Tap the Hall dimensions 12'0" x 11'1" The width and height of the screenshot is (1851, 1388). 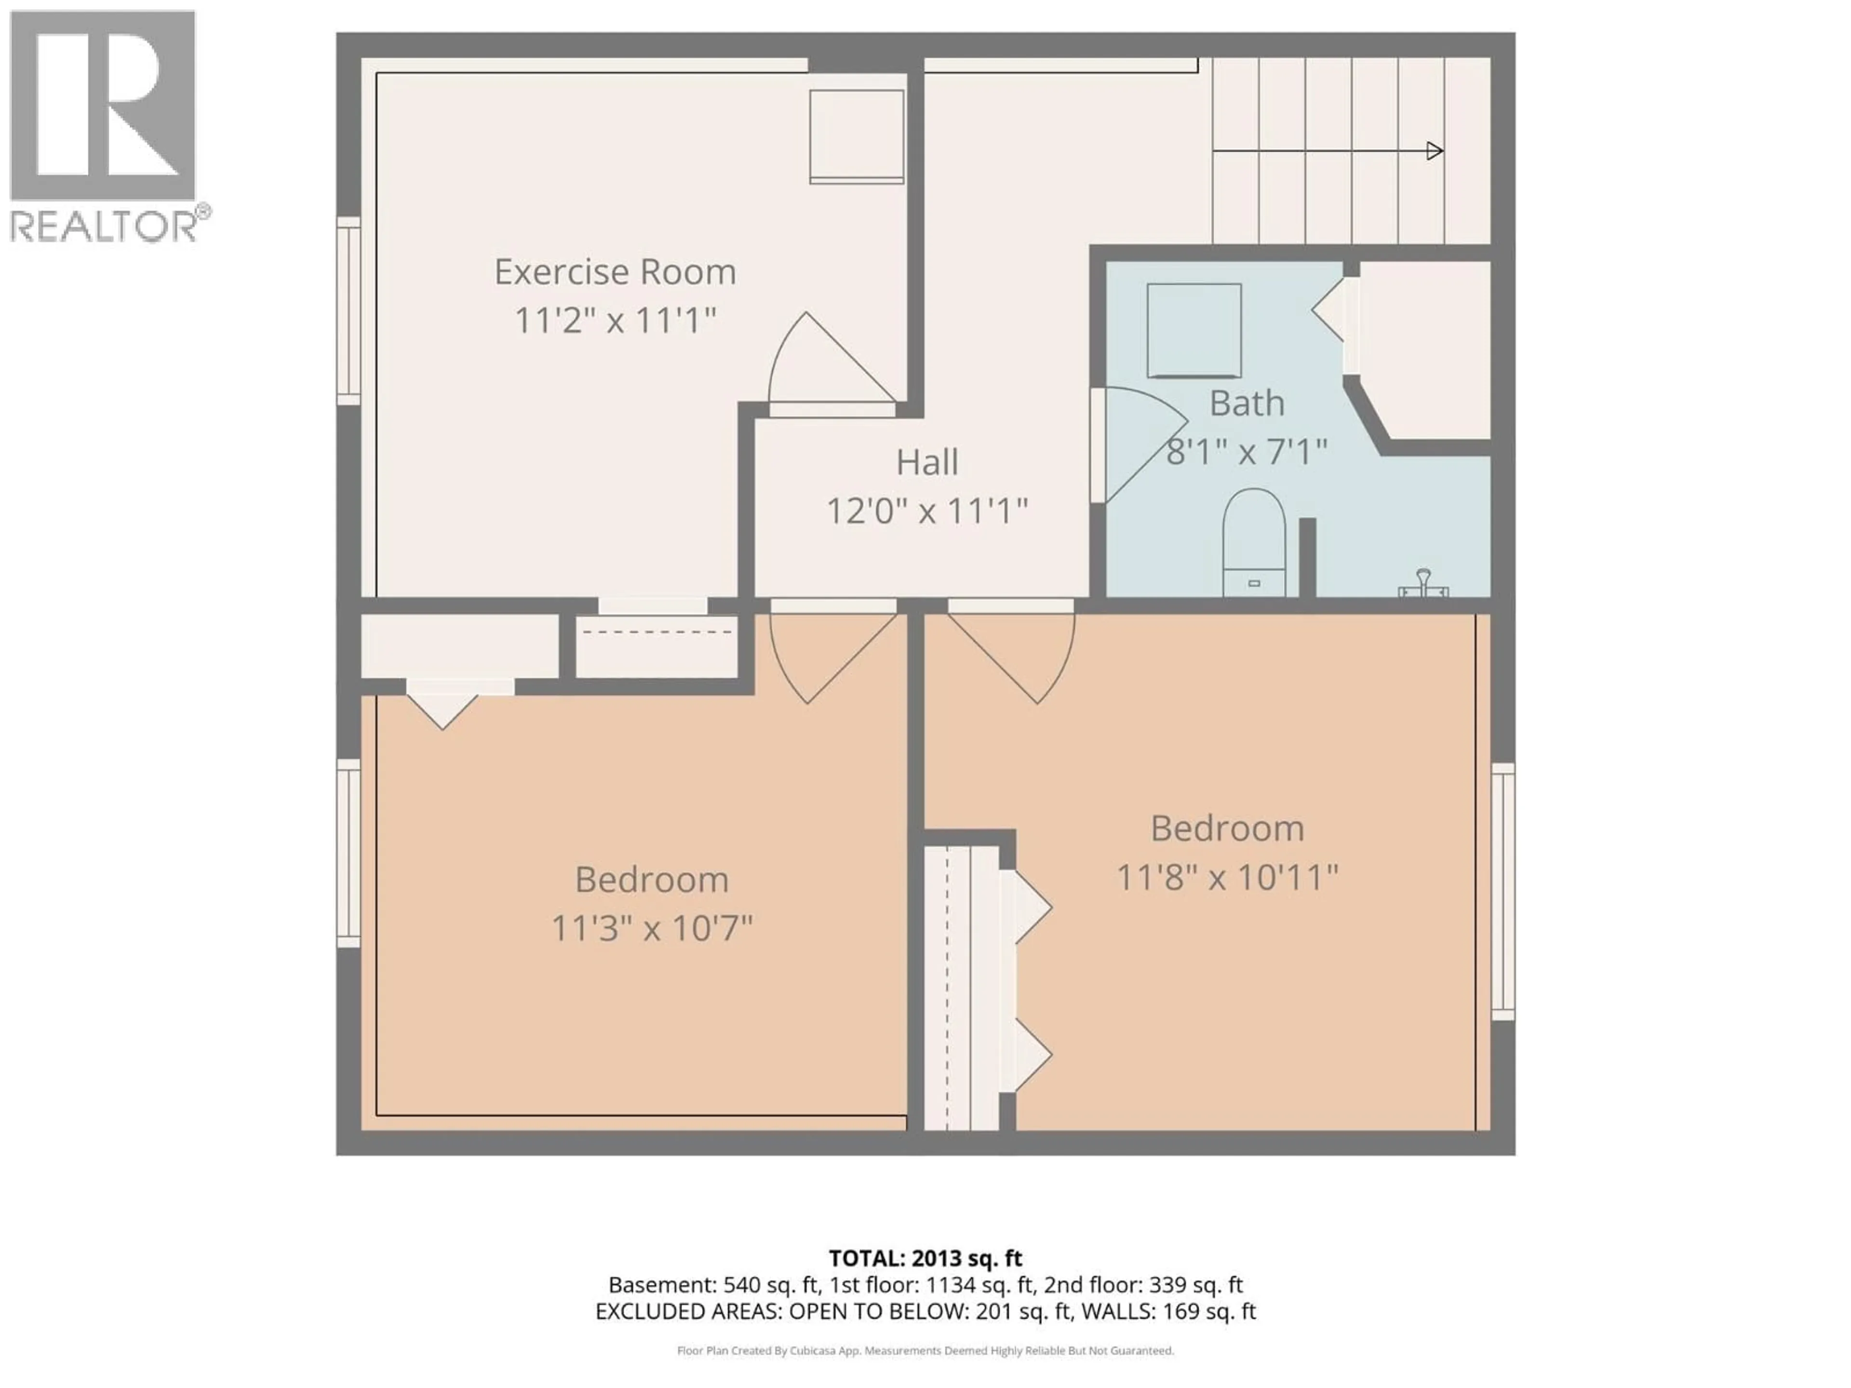[926, 510]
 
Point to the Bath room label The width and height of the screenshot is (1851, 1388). [1246, 404]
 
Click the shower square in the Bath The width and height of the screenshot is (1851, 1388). [1194, 331]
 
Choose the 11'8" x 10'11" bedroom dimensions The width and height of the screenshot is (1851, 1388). [1227, 878]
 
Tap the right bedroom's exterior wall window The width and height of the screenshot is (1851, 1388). [1503, 891]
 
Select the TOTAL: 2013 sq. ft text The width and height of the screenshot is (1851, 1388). [925, 1258]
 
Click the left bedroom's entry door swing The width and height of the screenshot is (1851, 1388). [829, 657]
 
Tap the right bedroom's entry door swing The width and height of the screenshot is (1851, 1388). [1017, 657]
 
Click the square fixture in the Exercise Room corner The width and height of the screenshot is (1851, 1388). [856, 136]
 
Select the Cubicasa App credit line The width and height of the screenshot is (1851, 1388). [925, 1350]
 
